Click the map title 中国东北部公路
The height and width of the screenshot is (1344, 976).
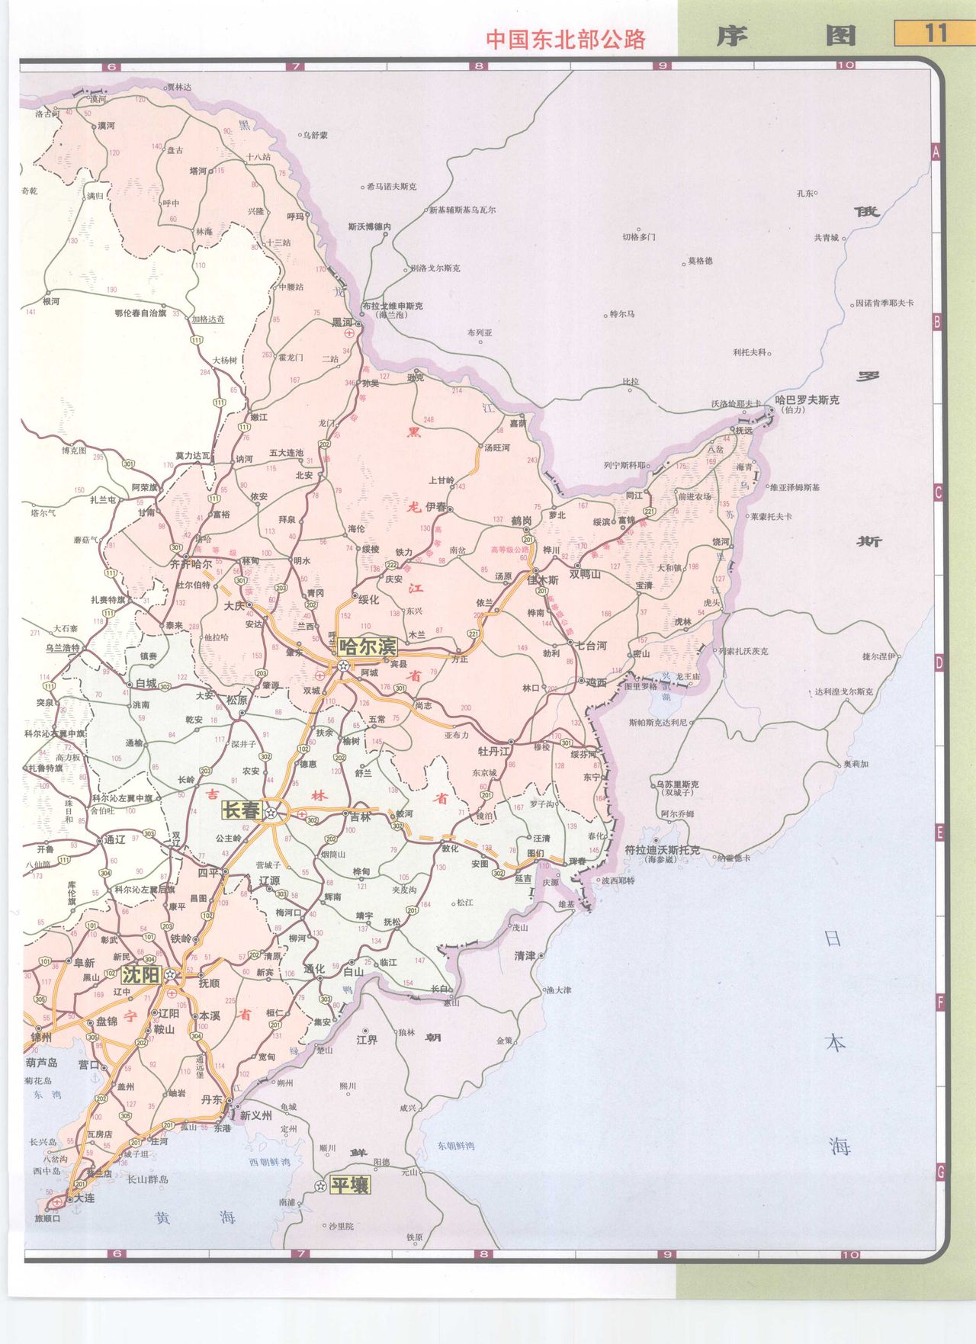coord(566,40)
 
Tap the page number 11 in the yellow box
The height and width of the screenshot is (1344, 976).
coord(935,34)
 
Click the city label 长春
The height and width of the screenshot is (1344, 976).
coord(241,810)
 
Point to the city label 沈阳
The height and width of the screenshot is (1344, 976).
coord(141,975)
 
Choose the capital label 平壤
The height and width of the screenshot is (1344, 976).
coord(349,1185)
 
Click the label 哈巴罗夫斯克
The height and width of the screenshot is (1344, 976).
coord(807,399)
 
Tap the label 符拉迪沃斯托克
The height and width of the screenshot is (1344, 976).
coord(662,849)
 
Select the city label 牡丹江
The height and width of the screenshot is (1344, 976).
coord(493,751)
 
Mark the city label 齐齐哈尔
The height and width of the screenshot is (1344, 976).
coord(191,564)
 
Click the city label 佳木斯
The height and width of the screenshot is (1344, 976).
coord(542,580)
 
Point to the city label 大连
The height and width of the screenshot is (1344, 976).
coord(84,1198)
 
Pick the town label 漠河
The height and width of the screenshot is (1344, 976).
coord(106,126)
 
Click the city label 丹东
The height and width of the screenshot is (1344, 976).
coord(212,1099)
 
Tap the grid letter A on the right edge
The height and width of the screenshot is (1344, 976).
coord(936,152)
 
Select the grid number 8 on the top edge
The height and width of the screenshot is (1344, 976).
coord(479,66)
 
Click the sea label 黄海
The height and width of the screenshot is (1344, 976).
coord(194,1218)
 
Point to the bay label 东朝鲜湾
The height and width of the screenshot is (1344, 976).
coord(455,1146)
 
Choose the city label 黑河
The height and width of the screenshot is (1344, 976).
coord(342,322)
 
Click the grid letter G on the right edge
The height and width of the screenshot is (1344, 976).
coord(940,1172)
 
